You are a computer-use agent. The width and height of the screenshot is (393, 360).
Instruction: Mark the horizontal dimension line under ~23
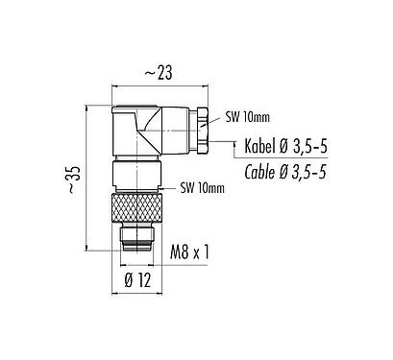click(160, 82)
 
